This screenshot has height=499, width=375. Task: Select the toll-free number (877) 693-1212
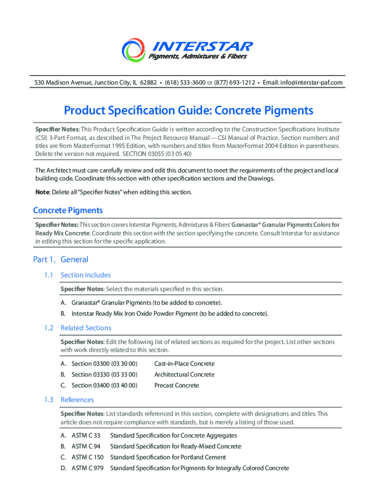tap(234, 83)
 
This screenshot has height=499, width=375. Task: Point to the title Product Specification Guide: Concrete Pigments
tap(188, 111)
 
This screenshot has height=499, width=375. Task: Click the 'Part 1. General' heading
tap(60, 260)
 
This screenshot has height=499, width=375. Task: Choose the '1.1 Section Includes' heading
tap(85, 275)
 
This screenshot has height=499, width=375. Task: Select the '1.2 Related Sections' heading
tap(86, 328)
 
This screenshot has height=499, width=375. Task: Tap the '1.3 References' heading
tap(77, 400)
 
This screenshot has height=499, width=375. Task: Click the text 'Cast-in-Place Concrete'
tap(184, 364)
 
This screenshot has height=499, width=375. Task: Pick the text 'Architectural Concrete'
tap(184, 375)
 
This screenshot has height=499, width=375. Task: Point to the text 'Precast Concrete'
tap(176, 385)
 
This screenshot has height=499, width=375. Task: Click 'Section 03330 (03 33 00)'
tap(104, 375)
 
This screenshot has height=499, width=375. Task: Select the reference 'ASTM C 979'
tap(87, 468)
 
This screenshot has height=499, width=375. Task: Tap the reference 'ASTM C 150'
tap(87, 458)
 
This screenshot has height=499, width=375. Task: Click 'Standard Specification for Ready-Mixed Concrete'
tap(175, 446)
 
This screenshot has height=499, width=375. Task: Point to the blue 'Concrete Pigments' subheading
tap(68, 211)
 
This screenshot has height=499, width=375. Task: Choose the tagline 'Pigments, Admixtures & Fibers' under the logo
tap(197, 57)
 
